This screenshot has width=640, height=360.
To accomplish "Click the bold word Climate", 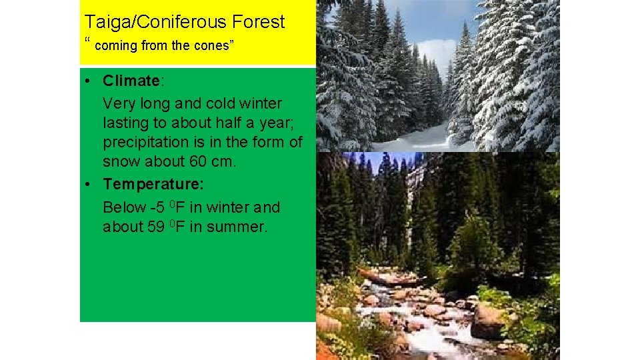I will (131, 81).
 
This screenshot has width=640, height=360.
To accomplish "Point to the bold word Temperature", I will (153, 183).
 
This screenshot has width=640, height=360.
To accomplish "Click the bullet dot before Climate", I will (89, 81).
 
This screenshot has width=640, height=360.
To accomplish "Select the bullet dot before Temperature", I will (89, 184).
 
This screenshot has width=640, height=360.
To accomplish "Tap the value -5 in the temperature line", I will (157, 207).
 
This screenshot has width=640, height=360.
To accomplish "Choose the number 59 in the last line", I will (155, 227).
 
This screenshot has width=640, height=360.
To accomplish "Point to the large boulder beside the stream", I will (488, 321).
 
